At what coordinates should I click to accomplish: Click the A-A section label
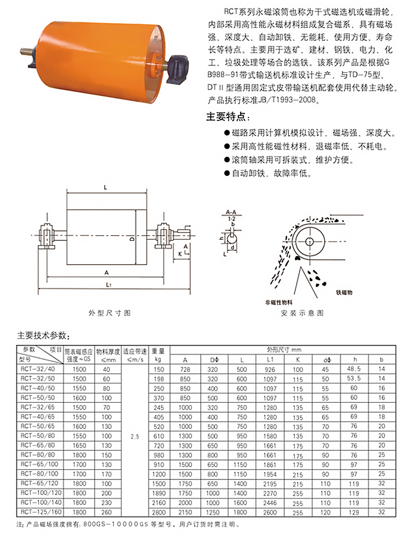[230, 212]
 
